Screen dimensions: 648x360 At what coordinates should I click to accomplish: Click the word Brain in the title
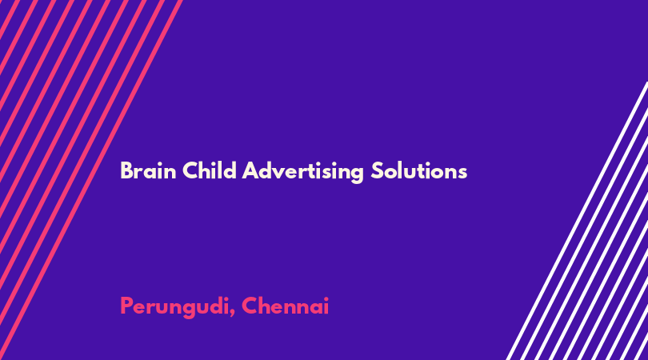click(x=148, y=170)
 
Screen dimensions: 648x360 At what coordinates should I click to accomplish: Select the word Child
click(x=210, y=170)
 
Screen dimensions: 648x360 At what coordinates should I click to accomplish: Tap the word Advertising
click(x=302, y=172)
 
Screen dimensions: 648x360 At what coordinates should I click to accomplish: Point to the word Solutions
click(x=418, y=170)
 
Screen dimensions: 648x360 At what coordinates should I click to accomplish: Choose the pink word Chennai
click(x=285, y=306)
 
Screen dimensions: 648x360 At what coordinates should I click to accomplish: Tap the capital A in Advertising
click(x=251, y=170)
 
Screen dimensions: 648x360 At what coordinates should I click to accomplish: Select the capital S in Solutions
click(x=378, y=170)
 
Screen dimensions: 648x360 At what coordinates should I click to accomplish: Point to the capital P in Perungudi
click(x=126, y=306)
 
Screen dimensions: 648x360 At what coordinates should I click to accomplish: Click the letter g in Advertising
click(x=356, y=175)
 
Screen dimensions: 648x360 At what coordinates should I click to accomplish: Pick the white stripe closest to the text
click(x=578, y=221)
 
